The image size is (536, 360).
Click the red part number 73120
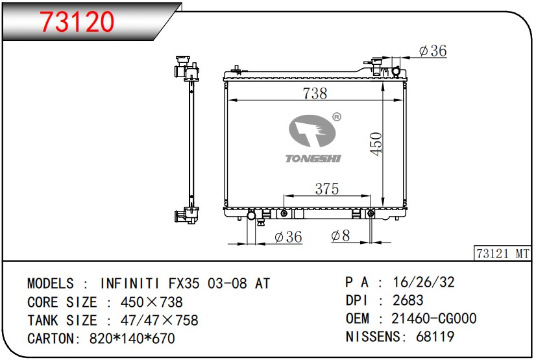(77, 21)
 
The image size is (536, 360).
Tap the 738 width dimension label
(315, 93)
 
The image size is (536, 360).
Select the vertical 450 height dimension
(376, 144)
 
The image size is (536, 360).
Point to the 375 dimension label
(327, 189)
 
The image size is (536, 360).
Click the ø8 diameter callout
(341, 235)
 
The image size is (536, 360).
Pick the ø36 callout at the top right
(433, 51)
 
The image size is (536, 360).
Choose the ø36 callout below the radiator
(288, 237)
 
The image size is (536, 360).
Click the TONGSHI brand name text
(313, 158)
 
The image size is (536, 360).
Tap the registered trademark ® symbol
(337, 117)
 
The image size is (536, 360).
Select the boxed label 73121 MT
(502, 254)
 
